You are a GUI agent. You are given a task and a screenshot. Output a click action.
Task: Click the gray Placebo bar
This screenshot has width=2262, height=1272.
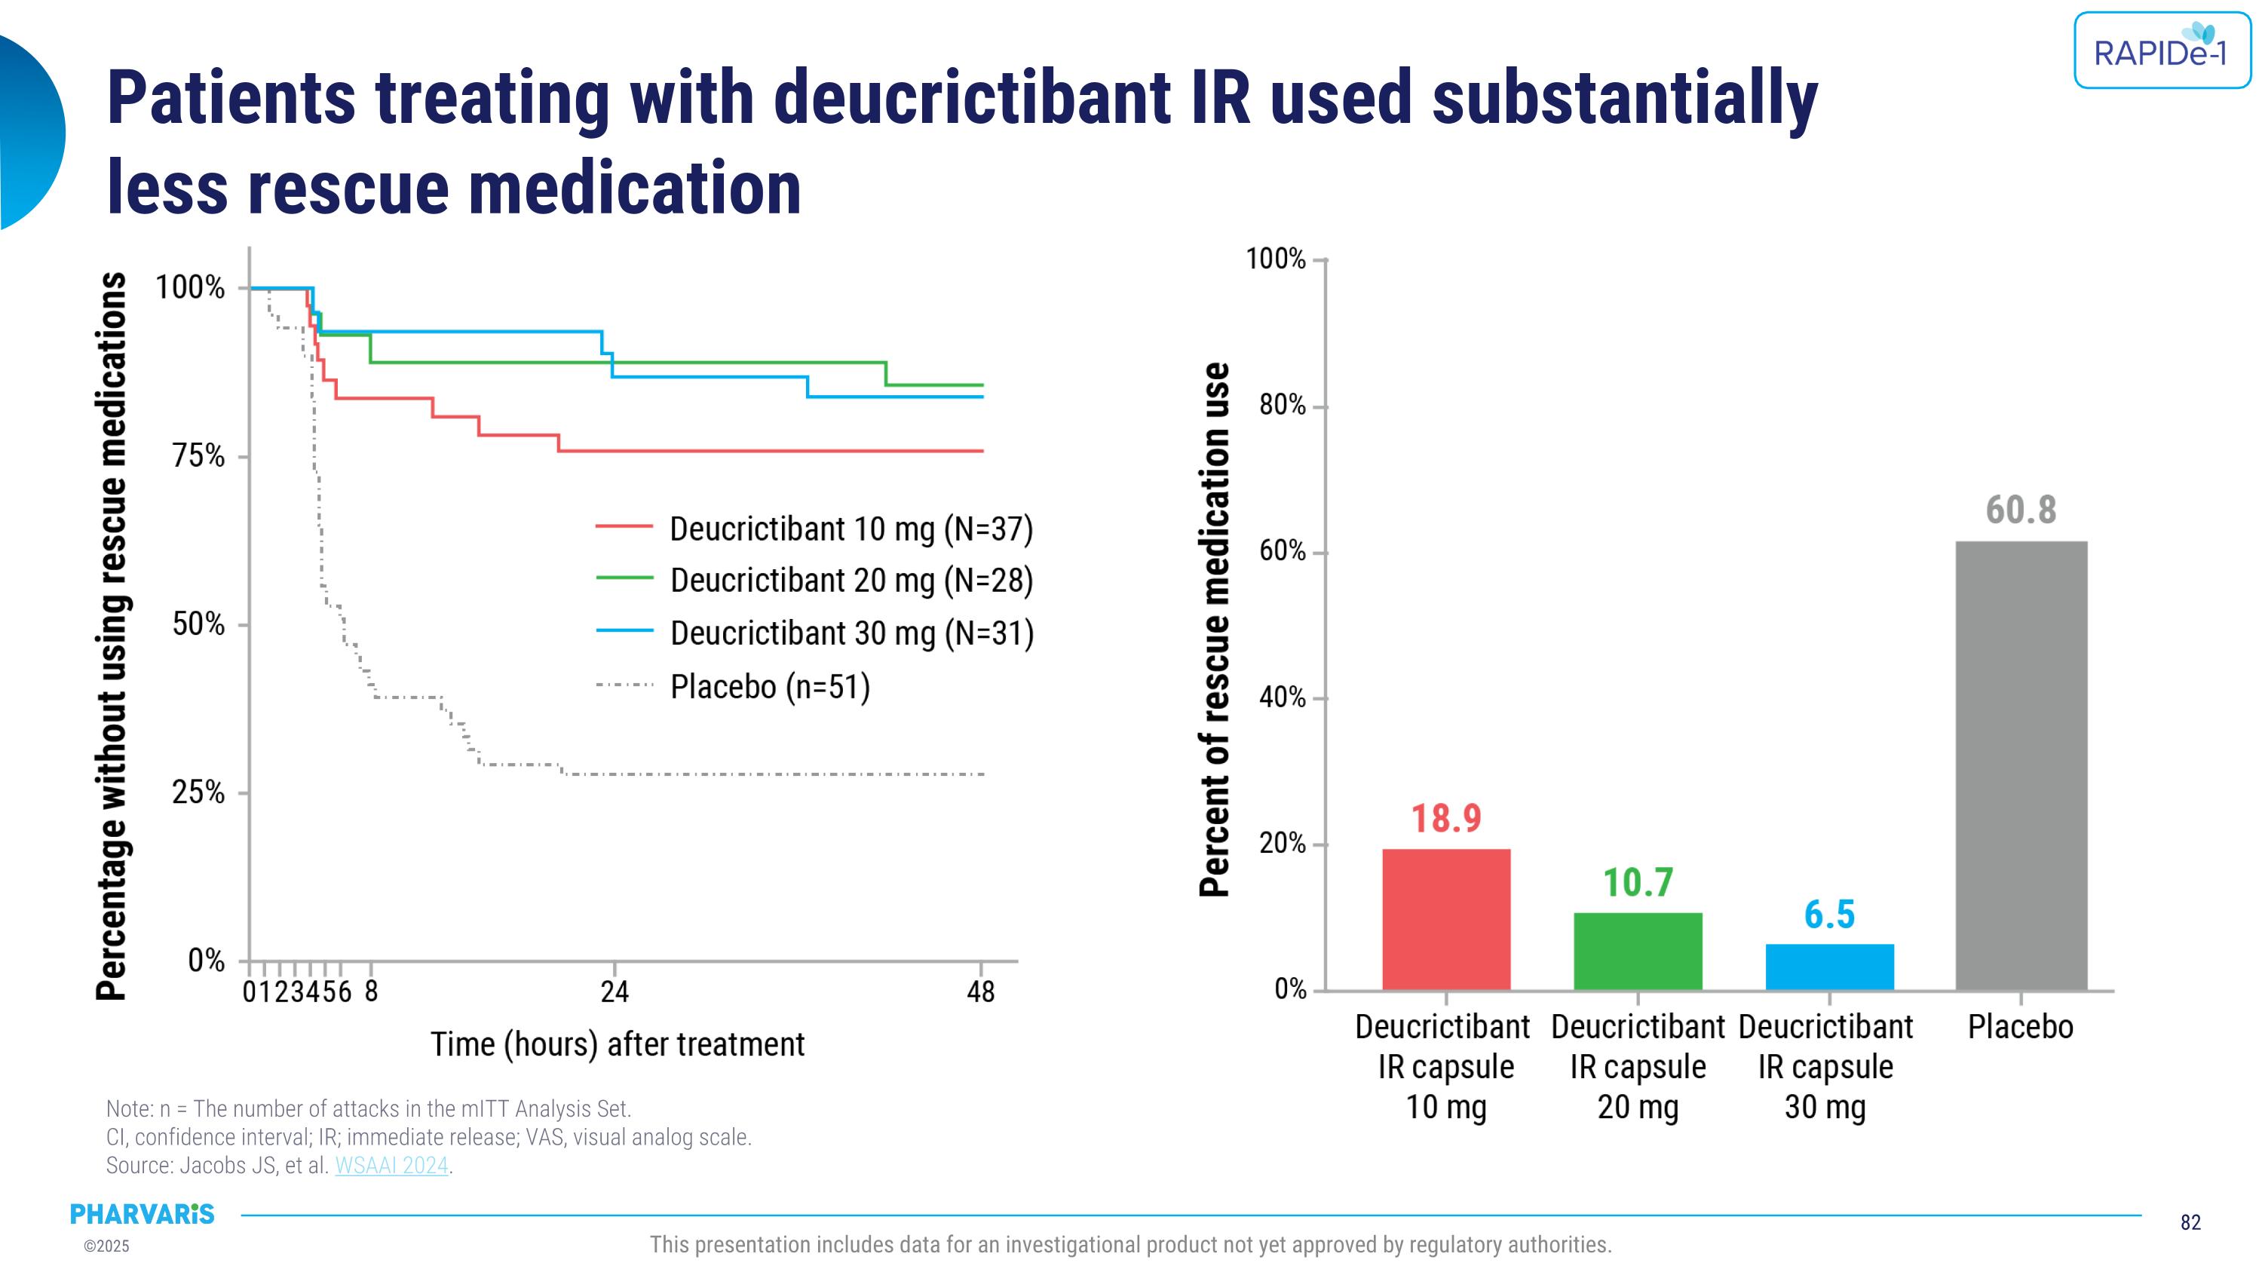2021,765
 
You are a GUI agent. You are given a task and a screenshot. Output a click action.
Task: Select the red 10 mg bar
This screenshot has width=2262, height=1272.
1445,919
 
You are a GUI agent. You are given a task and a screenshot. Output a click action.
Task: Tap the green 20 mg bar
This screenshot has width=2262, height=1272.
1638,952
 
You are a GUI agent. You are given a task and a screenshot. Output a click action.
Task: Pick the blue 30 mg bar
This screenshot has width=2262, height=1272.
1829,967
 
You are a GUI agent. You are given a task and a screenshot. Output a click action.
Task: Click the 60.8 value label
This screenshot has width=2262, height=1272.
2021,510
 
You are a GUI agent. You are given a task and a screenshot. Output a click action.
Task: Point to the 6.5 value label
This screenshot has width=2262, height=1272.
1829,915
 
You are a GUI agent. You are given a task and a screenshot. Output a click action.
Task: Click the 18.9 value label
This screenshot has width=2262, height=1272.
1445,818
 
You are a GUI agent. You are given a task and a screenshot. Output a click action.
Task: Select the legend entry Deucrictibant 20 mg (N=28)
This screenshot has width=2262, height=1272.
850,581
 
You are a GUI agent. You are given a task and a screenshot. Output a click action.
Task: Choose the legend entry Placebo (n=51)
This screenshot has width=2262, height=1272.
769,686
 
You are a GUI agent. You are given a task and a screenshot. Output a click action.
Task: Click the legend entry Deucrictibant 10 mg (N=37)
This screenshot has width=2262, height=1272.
850,529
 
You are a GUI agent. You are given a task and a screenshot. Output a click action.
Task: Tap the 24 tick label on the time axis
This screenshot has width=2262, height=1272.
615,992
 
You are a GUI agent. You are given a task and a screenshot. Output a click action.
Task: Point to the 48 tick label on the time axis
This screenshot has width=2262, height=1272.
981,992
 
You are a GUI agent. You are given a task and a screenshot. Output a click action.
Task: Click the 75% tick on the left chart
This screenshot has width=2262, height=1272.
198,456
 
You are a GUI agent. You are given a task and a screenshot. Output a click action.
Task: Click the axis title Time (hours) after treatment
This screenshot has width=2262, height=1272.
618,1044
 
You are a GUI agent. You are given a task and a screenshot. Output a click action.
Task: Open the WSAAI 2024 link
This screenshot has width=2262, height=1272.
391,1166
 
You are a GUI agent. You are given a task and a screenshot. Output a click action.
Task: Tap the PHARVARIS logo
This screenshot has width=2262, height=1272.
143,1214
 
